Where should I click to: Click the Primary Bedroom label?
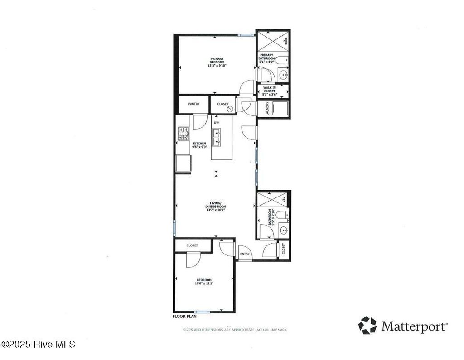pyautogui.click(x=217, y=62)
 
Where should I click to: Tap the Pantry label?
pyautogui.click(x=194, y=104)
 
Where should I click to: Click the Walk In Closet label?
pyautogui.click(x=269, y=91)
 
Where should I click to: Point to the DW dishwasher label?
pyautogui.click(x=217, y=123)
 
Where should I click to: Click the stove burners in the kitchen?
pyautogui.click(x=184, y=134)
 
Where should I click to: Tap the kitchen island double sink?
pyautogui.click(x=217, y=138)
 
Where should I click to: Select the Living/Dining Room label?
pyautogui.click(x=216, y=206)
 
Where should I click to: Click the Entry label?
pyautogui.click(x=245, y=254)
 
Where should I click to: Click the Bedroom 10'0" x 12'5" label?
pyautogui.click(x=204, y=282)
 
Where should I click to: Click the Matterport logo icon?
pyautogui.click(x=367, y=325)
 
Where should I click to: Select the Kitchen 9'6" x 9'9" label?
pyautogui.click(x=199, y=144)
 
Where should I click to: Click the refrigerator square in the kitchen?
pyautogui.click(x=184, y=163)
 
